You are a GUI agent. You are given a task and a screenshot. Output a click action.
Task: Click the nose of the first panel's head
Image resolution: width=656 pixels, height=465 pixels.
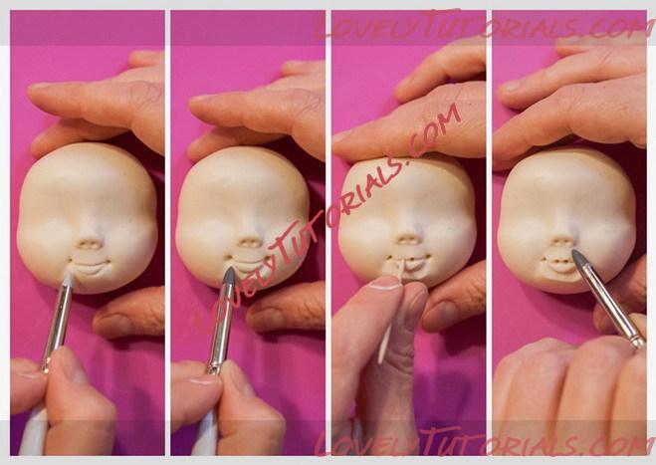click(x=89, y=243)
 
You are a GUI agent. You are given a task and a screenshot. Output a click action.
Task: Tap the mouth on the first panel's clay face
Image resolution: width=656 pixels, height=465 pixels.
click(x=91, y=267)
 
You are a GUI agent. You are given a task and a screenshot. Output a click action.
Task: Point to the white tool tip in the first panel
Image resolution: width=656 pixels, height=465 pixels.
click(x=68, y=278)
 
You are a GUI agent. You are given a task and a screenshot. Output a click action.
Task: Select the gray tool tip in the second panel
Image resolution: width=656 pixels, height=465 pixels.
click(x=229, y=276)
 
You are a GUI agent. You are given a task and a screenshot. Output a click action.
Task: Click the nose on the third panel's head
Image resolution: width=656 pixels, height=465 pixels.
click(x=407, y=238)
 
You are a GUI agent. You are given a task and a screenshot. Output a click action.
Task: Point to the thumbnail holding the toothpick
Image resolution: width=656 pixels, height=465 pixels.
click(x=383, y=283)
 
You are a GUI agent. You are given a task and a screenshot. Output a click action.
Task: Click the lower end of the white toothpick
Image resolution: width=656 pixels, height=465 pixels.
click(x=380, y=361)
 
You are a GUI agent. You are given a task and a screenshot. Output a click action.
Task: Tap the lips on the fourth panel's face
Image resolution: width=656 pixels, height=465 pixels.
click(x=558, y=264)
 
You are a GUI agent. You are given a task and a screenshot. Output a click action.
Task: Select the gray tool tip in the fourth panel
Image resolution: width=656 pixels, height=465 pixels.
click(x=578, y=259)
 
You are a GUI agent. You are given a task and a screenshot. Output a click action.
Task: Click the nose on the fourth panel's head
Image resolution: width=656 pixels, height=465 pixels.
click(x=561, y=242)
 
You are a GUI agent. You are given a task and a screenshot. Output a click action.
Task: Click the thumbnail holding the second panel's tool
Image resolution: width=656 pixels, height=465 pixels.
click(x=202, y=381)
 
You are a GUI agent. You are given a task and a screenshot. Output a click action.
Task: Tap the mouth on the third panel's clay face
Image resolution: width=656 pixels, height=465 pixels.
click(x=409, y=263)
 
